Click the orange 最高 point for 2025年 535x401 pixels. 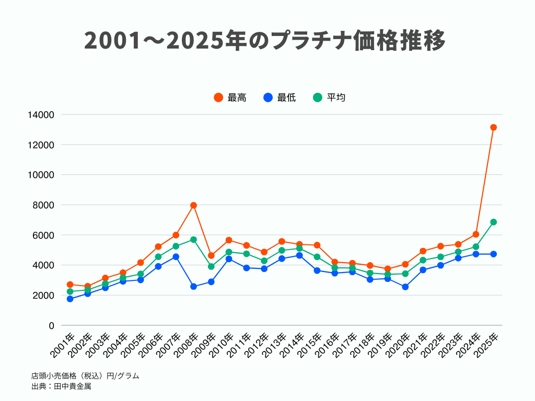tap(493, 127)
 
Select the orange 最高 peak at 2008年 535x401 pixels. tap(193, 205)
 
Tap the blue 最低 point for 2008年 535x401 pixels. tap(193, 287)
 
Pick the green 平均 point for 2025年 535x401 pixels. tap(493, 222)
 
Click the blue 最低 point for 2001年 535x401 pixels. tap(70, 299)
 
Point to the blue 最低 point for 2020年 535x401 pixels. tap(405, 287)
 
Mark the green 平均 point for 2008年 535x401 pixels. tap(193, 240)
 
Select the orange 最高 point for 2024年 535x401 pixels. tap(475, 234)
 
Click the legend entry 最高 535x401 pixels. tap(230, 98)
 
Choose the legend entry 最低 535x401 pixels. tap(280, 98)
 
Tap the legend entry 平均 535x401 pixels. tap(329, 98)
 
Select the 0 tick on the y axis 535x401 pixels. tap(51, 326)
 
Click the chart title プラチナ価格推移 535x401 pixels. tap(265, 41)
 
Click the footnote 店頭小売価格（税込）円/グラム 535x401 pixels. tap(85, 376)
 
